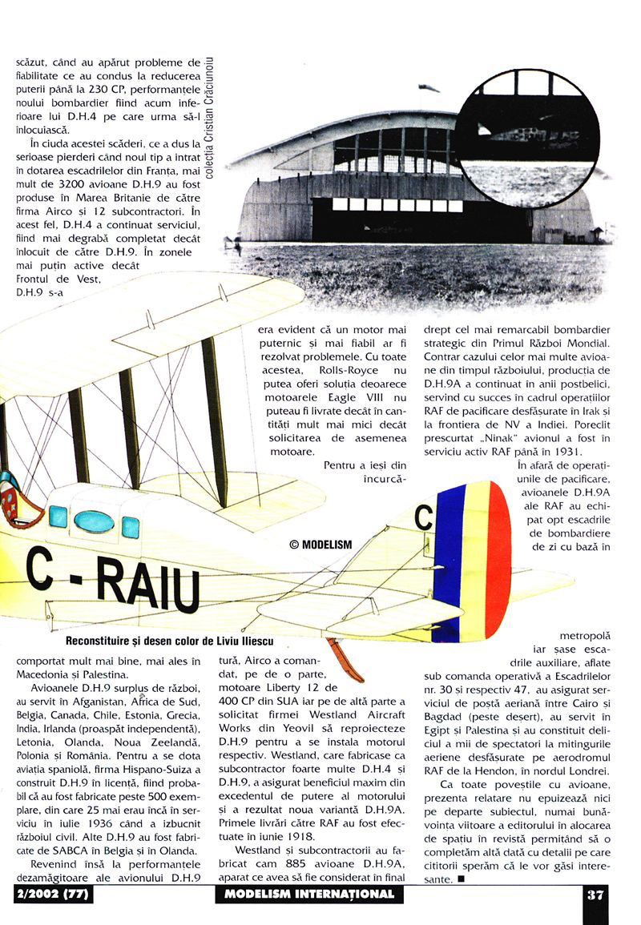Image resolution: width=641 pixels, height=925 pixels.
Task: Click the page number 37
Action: tap(594, 895)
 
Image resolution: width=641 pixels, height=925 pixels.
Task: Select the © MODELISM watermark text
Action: tap(320, 545)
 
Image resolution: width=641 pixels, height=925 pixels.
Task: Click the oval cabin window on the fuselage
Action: tap(94, 521)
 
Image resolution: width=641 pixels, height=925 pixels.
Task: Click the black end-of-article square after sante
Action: tap(463, 879)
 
